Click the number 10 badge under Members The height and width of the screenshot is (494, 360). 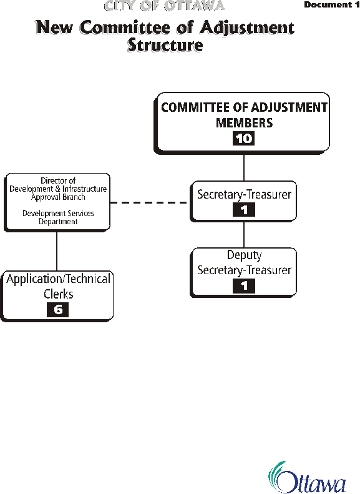tap(243, 138)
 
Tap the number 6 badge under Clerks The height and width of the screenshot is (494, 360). tap(57, 310)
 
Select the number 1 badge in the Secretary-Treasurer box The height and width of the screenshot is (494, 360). tap(244, 210)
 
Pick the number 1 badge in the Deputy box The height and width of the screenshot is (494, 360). tap(244, 286)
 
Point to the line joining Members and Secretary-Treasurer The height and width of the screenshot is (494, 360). tap(244, 167)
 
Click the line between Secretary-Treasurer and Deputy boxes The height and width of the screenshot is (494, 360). tap(244, 235)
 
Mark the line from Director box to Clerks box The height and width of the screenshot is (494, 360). tap(57, 252)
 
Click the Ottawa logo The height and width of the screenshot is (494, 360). tap(307, 477)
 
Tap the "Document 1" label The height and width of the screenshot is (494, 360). tap(332, 5)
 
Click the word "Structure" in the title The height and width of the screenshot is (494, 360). tap(165, 45)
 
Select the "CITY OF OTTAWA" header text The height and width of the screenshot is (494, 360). tap(164, 6)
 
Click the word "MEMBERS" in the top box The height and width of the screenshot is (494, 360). tap(244, 123)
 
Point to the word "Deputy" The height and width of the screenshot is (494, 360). tap(244, 255)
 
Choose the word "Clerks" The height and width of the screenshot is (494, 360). tap(58, 294)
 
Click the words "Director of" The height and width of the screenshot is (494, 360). tap(58, 180)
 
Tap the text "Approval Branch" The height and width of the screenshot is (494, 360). tap(58, 197)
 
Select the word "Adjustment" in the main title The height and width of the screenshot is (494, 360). tap(247, 28)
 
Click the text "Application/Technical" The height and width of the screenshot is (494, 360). tap(58, 279)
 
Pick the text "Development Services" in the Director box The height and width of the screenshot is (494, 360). tap(58, 214)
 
